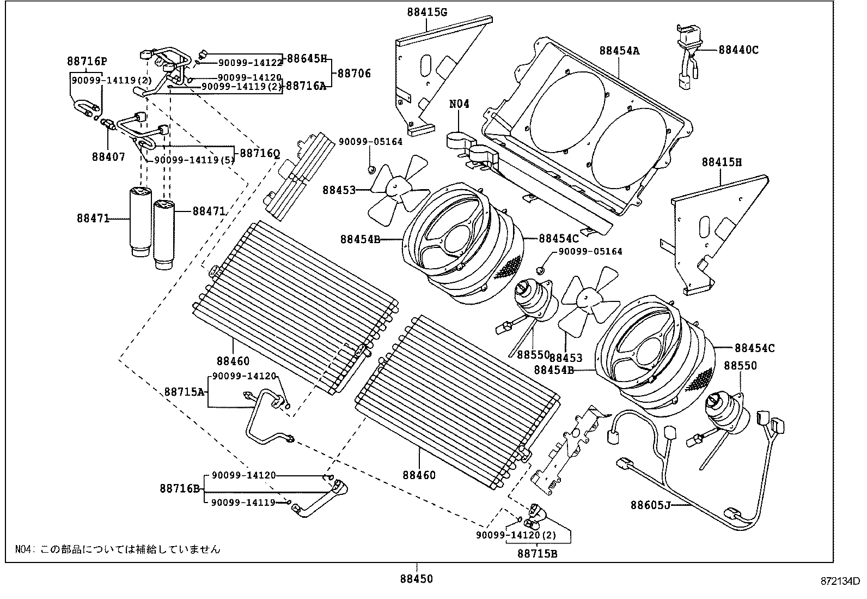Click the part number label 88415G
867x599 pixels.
426,11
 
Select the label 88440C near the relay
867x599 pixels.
738,50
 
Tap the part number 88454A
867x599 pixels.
619,51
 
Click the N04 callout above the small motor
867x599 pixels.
459,104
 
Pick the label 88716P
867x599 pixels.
87,61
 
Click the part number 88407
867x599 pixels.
108,157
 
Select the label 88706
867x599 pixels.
354,72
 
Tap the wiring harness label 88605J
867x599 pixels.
650,505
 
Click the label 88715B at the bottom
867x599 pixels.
537,554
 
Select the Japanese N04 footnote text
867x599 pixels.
117,549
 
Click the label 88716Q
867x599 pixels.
260,154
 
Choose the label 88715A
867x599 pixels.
185,391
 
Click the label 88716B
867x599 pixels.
180,488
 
